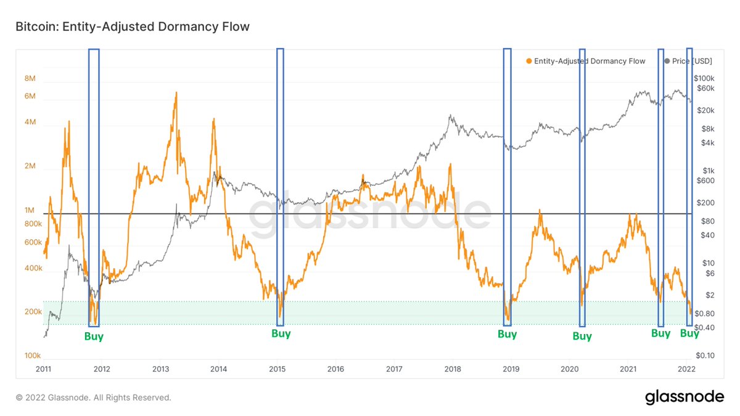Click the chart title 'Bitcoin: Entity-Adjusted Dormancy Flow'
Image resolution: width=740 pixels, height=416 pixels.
coord(133,27)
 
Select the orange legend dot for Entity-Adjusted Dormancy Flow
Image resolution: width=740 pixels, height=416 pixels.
coord(529,61)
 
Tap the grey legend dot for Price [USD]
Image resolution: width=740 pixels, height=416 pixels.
coord(667,61)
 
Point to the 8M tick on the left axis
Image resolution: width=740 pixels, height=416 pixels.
coord(30,78)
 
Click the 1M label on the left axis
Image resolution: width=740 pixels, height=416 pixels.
coord(30,210)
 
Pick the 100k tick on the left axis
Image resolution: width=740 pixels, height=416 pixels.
coord(32,356)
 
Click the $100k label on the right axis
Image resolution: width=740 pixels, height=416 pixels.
coord(704,78)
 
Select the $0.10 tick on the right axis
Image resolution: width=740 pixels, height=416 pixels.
coord(705,356)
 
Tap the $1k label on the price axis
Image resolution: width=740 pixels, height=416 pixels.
coord(709,171)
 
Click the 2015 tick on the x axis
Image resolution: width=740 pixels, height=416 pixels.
coord(277,369)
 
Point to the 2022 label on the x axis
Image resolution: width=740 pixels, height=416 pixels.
coord(686,369)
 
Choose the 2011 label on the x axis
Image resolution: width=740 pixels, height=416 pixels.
coord(43,369)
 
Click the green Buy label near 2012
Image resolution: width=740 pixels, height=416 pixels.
coord(94,336)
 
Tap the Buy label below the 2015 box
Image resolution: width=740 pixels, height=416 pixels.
coord(281,333)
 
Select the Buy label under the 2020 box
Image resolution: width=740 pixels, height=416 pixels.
coord(582,336)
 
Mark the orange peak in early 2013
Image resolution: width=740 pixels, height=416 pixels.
coord(176,93)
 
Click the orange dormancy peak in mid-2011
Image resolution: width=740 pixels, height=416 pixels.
coord(69,121)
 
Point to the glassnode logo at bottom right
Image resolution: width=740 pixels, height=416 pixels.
coord(684,397)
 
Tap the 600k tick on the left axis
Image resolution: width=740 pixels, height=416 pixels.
coord(33,242)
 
